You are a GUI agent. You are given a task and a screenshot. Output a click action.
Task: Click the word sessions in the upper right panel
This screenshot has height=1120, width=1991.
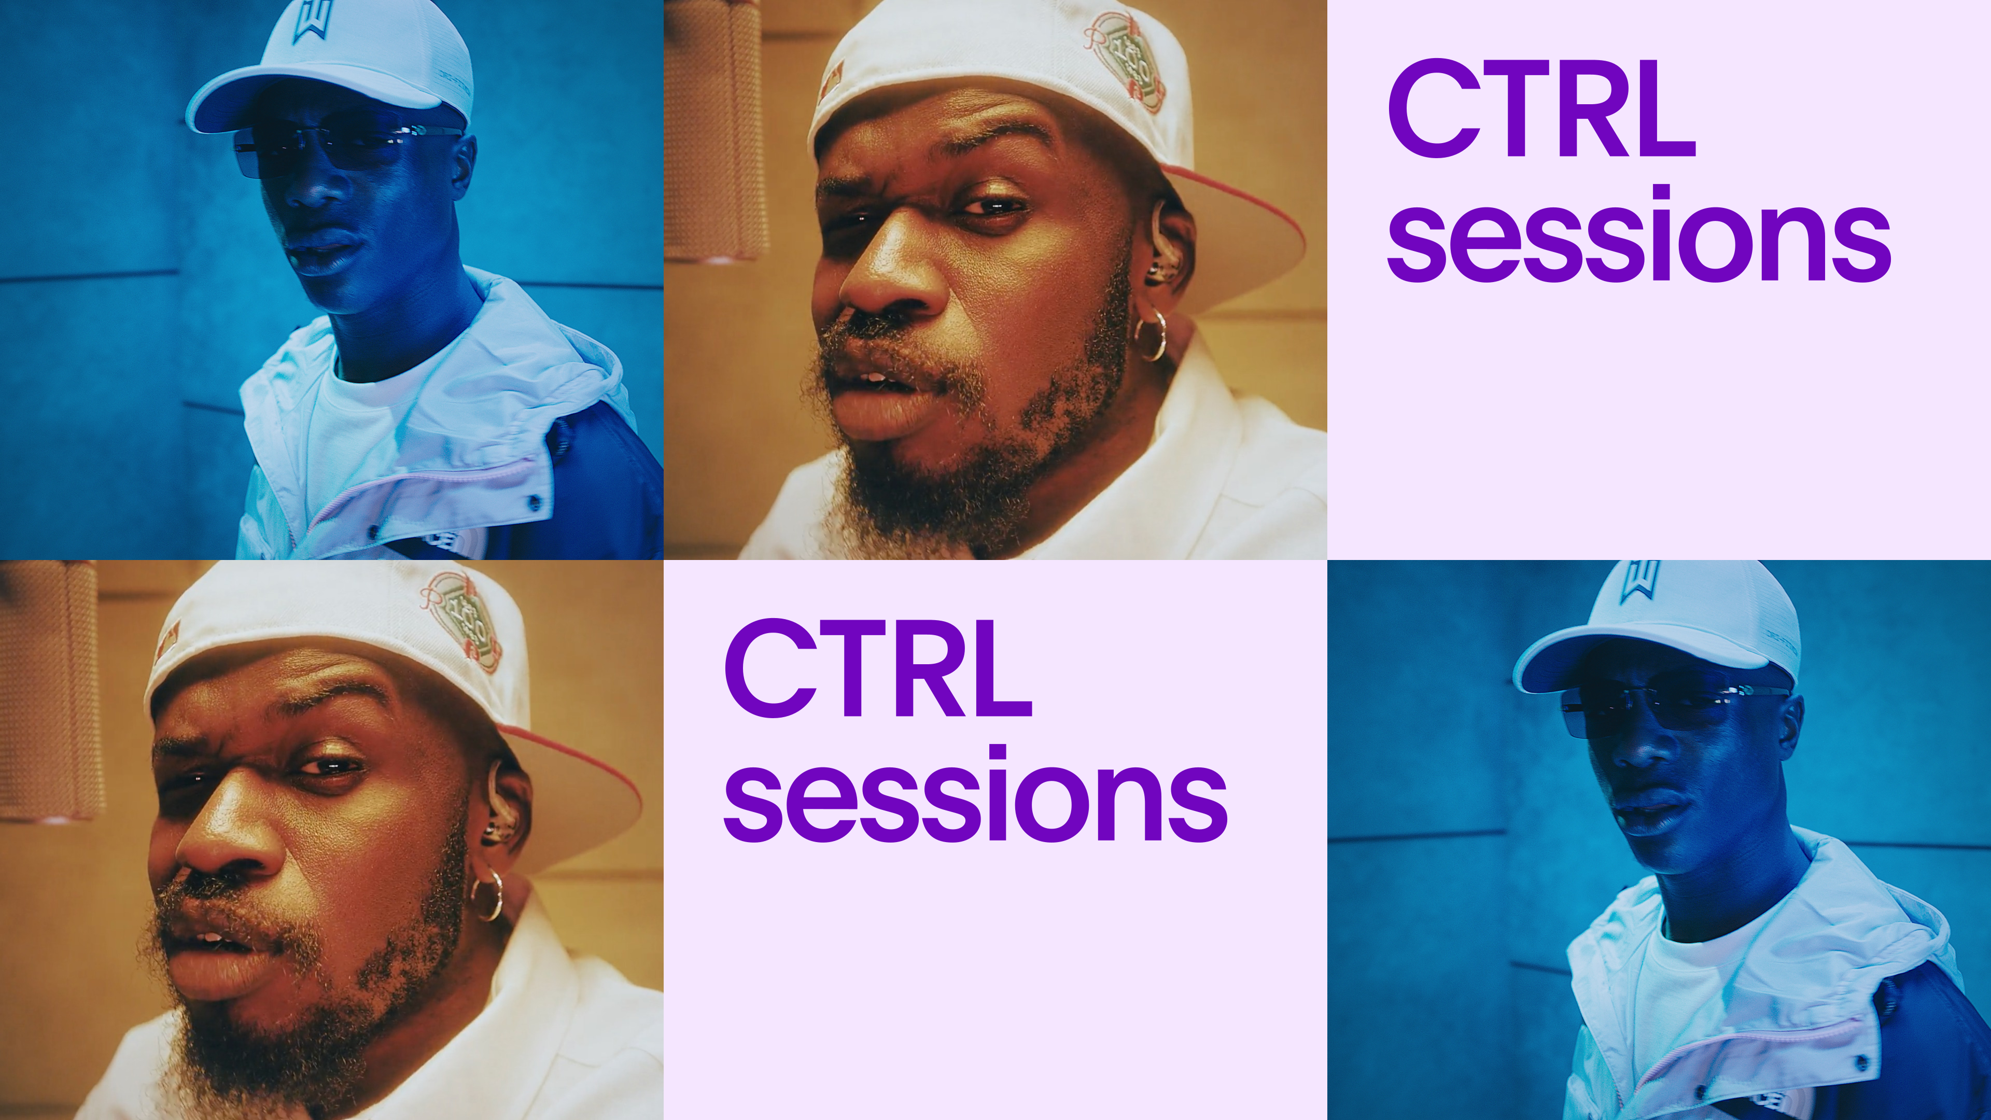pyautogui.click(x=1638, y=236)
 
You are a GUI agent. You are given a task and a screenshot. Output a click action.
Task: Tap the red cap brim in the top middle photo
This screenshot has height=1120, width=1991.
pyautogui.click(x=1244, y=232)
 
